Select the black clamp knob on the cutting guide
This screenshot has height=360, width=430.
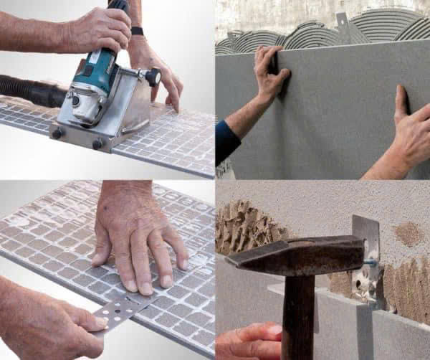click(x=151, y=75)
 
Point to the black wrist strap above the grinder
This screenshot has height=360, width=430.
click(x=136, y=31)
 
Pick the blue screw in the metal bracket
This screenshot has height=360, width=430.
click(x=371, y=262)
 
